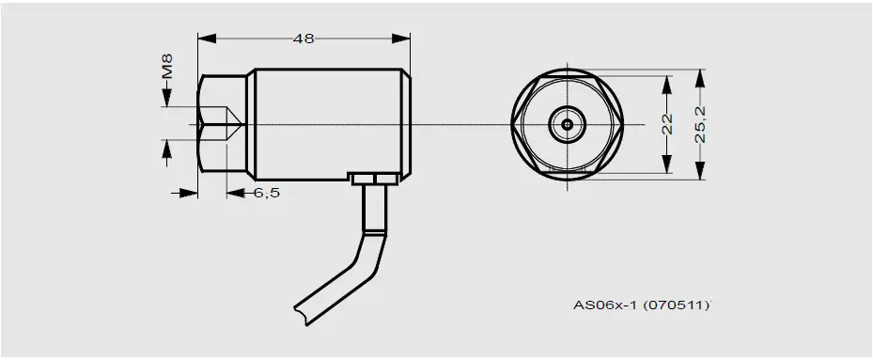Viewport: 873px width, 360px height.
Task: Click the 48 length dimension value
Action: [x=304, y=39]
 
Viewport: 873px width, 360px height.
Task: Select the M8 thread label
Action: [x=166, y=69]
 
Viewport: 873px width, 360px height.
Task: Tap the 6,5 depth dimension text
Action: [x=267, y=192]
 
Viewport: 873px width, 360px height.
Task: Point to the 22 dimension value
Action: [x=668, y=124]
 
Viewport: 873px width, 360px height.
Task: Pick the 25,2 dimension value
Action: [x=700, y=124]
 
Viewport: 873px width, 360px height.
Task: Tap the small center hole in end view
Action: [x=567, y=123]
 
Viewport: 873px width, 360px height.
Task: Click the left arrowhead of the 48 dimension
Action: [x=207, y=39]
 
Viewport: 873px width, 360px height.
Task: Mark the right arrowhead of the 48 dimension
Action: [x=402, y=39]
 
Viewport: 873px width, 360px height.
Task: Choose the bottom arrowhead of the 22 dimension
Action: [x=668, y=165]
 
